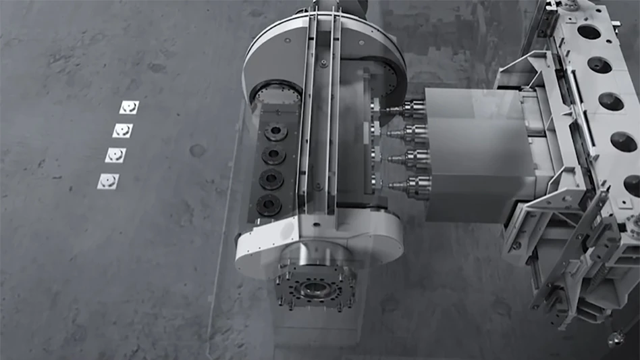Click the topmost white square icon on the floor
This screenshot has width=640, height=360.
click(x=128, y=107)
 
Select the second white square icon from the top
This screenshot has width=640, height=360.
click(x=122, y=130)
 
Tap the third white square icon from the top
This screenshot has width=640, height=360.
click(x=115, y=155)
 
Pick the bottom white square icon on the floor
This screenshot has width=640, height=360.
click(x=108, y=180)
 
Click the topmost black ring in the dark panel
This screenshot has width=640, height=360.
click(x=275, y=132)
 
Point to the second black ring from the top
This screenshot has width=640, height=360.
click(x=273, y=155)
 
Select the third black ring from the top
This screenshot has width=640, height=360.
click(x=271, y=179)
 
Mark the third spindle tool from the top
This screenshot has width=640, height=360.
click(x=413, y=158)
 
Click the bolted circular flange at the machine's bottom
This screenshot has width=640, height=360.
click(x=315, y=287)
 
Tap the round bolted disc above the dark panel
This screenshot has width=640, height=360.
click(x=277, y=94)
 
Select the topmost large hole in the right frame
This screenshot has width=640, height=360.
click(x=589, y=32)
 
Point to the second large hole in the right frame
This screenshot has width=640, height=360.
click(x=599, y=65)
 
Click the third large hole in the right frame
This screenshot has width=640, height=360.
click(x=611, y=102)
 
